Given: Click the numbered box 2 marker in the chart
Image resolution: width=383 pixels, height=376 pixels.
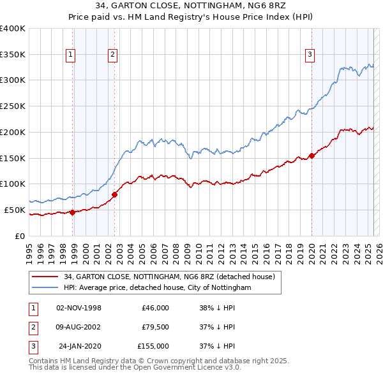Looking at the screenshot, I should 112,55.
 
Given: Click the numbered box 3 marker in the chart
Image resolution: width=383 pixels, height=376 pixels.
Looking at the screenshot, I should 309,55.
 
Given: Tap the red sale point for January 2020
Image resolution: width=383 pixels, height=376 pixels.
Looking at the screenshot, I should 312,155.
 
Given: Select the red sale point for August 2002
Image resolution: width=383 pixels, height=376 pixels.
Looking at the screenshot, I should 114,194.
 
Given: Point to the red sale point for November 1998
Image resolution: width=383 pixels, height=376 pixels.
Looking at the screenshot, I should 72,212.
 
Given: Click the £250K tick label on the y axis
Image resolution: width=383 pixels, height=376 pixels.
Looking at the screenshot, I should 12,106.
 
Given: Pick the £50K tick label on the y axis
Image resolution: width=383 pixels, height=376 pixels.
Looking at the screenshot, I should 15,210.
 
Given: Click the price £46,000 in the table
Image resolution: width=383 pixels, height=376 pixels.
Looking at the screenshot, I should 155,308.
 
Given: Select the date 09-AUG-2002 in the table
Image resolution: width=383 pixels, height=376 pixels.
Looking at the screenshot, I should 79,327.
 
